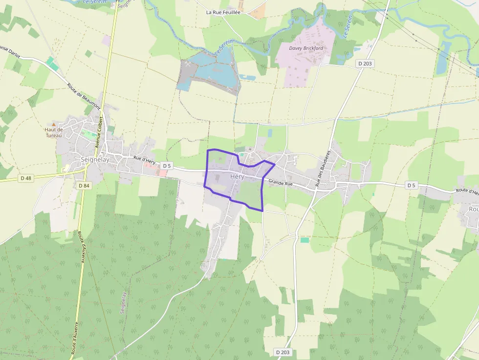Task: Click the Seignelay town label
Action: pyautogui.click(x=95, y=159)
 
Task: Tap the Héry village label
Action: pyautogui.click(x=237, y=177)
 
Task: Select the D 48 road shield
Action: pyautogui.click(x=26, y=178)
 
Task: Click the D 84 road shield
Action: pyautogui.click(x=84, y=186)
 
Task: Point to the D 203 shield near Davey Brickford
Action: pyautogui.click(x=365, y=64)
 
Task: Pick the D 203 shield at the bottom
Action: pyautogui.click(x=283, y=352)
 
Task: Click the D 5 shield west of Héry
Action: pyautogui.click(x=167, y=166)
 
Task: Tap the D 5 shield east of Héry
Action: pyautogui.click(x=412, y=185)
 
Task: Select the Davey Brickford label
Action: pyautogui.click(x=306, y=49)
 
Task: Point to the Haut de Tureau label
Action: pyautogui.click(x=54, y=132)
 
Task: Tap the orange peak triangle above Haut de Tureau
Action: pyautogui.click(x=54, y=124)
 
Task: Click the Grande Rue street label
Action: pyautogui.click(x=280, y=183)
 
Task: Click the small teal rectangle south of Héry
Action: pyautogui.click(x=305, y=240)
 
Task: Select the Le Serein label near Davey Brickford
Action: pyautogui.click(x=348, y=26)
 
